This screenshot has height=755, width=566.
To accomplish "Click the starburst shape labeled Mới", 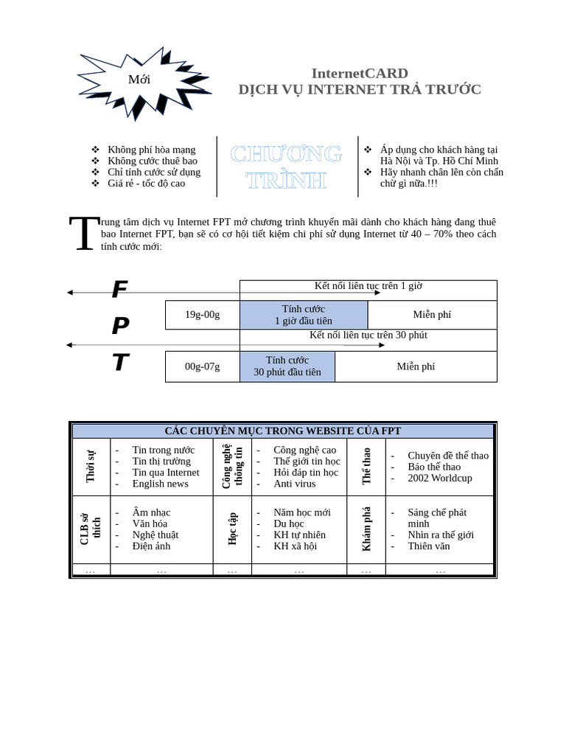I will click(140, 80).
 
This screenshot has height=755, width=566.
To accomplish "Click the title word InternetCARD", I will click(360, 73).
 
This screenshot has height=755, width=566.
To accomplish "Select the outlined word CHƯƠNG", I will click(286, 154).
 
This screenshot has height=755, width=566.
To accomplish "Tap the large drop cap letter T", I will click(83, 234).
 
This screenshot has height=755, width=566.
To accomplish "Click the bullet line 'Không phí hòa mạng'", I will click(151, 150).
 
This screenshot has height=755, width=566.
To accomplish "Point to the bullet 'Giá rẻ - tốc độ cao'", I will click(146, 183).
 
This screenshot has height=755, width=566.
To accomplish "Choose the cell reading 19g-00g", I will click(202, 315).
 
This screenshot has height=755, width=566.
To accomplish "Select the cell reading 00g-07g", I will click(202, 366).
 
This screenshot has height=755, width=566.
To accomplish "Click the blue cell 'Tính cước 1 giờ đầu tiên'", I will click(303, 315).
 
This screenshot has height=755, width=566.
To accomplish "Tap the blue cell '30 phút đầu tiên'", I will click(287, 366).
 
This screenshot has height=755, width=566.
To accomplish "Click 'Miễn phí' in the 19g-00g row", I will click(432, 315).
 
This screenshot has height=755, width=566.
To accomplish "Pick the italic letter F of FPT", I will click(119, 290).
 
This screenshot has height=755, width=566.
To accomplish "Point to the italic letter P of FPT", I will click(120, 326).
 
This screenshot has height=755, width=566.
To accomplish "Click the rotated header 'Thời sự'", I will click(91, 466).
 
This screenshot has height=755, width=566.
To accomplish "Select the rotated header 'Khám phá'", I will click(366, 529).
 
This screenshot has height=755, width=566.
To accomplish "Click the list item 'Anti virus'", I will click(294, 484).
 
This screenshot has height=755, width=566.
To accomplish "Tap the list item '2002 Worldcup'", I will click(439, 478).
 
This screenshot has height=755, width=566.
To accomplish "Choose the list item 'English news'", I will click(160, 484).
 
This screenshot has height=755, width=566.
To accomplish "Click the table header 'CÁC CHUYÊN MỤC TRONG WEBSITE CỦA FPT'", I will click(283, 431).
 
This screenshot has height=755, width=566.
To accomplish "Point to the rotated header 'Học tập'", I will click(232, 529).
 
